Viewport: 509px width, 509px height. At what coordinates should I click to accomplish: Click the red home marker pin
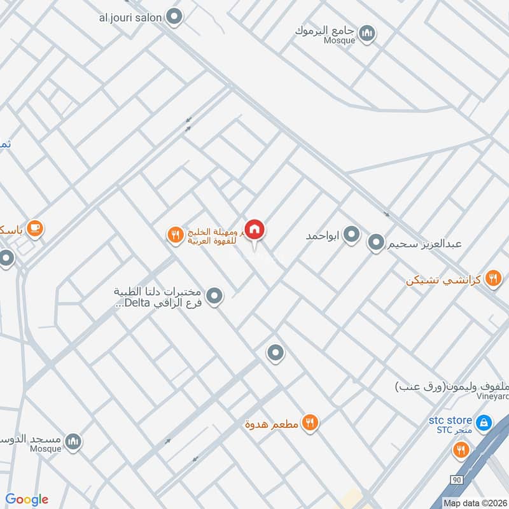(x=255, y=229)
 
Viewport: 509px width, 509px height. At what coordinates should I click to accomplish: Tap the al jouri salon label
(x=130, y=18)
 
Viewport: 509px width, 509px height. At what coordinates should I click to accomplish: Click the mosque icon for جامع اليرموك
(x=366, y=34)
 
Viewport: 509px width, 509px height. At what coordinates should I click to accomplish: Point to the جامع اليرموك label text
(x=325, y=30)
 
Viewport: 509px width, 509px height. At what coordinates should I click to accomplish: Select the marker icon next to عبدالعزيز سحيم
(x=377, y=242)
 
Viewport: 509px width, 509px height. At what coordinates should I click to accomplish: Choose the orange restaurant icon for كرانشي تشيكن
(x=492, y=279)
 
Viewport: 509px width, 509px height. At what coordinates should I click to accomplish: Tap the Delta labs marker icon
(x=216, y=296)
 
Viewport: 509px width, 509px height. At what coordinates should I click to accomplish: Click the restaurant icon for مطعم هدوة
(x=310, y=422)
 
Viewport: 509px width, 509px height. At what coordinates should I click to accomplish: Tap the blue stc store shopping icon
(x=484, y=422)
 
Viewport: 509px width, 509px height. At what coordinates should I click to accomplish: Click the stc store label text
(x=450, y=421)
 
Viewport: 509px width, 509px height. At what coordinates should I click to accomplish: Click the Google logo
(x=27, y=499)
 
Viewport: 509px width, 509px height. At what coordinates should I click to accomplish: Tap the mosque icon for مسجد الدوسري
(x=74, y=441)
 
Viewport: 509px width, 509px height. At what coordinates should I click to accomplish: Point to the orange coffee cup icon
(x=35, y=228)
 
